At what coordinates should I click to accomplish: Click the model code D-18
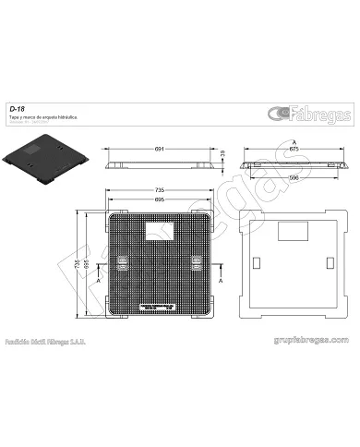[16, 109]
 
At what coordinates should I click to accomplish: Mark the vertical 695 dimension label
[89, 264]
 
